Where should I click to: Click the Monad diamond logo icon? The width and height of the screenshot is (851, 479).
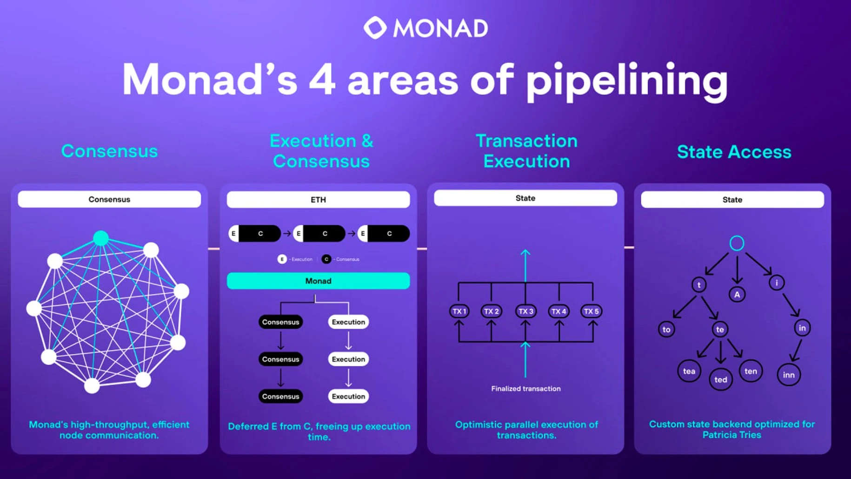pos(375,28)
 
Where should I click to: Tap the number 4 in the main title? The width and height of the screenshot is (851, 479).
pos(322,80)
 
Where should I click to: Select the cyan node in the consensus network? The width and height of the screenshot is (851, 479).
pos(101,238)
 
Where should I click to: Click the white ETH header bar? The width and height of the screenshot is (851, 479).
pos(318,200)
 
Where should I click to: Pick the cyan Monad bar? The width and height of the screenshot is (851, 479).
pos(318,281)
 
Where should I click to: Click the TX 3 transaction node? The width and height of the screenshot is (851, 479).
pos(525,311)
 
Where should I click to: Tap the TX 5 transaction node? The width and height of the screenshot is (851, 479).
pos(591,311)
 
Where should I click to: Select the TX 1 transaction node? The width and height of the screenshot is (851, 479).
pos(459,311)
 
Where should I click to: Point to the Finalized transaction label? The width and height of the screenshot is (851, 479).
pos(525,389)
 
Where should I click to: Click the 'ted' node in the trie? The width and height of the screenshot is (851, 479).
pos(720,379)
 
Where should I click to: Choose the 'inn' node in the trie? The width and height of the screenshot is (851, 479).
pos(789,375)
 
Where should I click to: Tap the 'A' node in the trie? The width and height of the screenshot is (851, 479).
pos(737,294)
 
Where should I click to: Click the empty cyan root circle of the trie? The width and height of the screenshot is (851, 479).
pos(737,243)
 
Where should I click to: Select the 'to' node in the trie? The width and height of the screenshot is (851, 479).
pos(666,329)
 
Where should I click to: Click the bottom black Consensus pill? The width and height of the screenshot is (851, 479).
pos(280,396)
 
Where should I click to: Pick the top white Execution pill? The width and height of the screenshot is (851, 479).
pos(348,322)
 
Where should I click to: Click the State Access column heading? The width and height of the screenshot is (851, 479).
pos(734,152)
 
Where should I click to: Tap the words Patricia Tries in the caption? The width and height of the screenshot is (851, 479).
pos(731,435)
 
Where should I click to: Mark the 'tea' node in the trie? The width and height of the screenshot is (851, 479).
pos(689,371)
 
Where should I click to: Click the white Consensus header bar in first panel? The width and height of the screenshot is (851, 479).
pos(109,199)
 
